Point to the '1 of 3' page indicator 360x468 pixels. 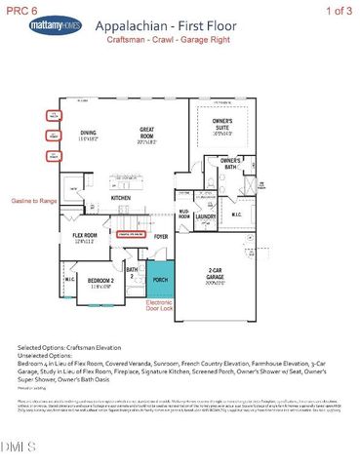[x=338, y=8]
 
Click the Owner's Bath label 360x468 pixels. [x=230, y=163]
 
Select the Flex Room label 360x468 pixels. [x=85, y=237]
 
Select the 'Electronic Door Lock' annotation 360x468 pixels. [x=159, y=306]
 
